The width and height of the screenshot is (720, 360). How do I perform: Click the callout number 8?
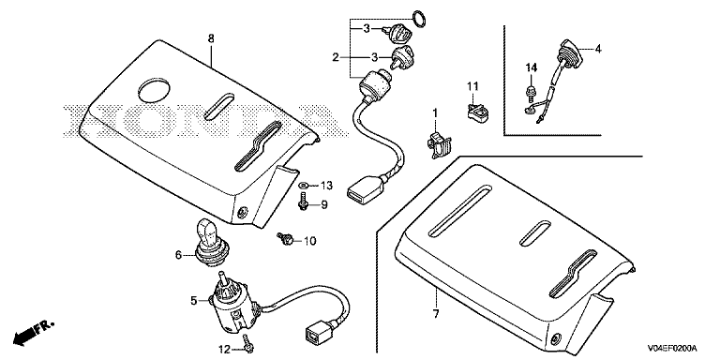(x=211, y=39)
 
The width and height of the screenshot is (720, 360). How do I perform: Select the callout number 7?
(x=435, y=314)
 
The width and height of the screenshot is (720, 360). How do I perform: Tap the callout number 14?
(x=532, y=67)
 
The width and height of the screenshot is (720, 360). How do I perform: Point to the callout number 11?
(x=472, y=86)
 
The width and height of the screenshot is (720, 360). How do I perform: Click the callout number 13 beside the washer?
(x=326, y=186)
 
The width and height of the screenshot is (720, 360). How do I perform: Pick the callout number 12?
(x=224, y=350)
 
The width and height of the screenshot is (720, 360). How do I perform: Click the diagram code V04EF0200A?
(x=672, y=348)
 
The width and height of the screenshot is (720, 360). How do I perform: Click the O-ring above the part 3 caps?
(x=419, y=19)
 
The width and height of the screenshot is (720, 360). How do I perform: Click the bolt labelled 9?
(x=303, y=202)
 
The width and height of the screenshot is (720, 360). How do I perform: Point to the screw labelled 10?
(x=285, y=238)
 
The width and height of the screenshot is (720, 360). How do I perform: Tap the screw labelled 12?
(x=247, y=343)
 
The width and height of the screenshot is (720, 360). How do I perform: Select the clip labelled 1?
(x=438, y=143)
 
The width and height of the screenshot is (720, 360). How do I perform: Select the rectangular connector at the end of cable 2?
(x=365, y=189)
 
